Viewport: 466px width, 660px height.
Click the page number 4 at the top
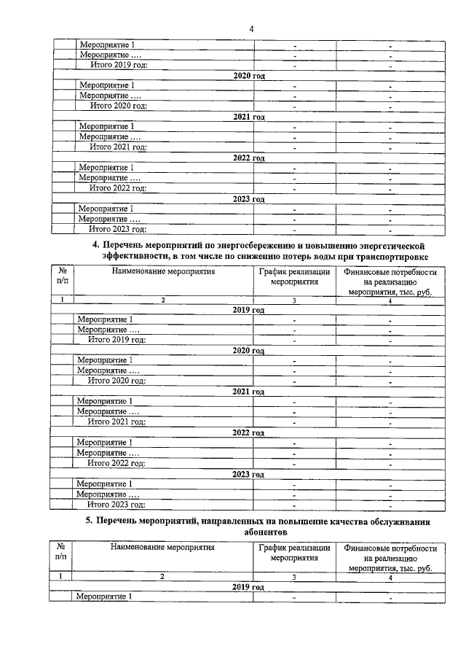(250, 28)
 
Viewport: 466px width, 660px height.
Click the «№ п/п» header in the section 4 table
(62, 276)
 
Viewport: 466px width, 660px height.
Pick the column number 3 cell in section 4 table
(293, 300)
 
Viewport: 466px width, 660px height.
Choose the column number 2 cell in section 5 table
(162, 576)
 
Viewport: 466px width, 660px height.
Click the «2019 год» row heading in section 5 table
(248, 587)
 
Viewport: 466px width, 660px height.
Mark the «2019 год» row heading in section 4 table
(248, 310)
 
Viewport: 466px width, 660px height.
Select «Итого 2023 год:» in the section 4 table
(116, 504)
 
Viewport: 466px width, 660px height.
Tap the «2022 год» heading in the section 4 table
(248, 432)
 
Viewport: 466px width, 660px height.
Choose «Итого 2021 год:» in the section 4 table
(116, 422)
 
